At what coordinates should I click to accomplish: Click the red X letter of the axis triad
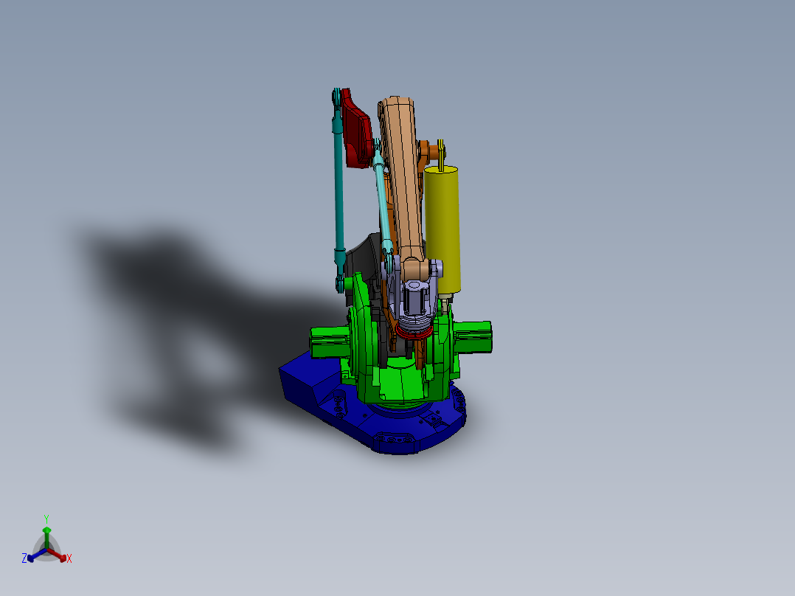pos(69,559)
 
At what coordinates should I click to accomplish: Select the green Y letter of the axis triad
pos(46,519)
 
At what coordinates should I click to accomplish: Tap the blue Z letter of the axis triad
pos(24,559)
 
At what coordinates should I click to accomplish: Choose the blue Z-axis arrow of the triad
pos(35,555)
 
